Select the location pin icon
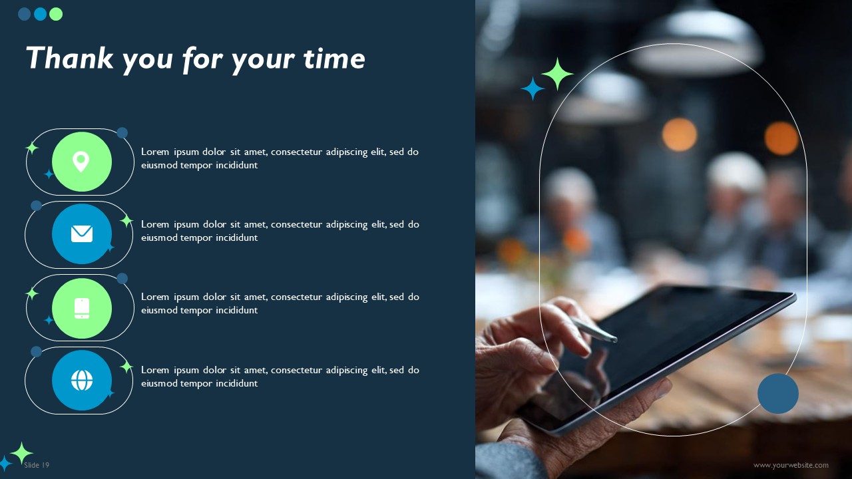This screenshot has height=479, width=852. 81,162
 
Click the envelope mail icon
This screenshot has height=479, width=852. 81,234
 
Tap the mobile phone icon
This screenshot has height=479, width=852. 81,308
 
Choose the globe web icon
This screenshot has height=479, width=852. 81,381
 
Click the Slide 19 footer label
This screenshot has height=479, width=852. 37,465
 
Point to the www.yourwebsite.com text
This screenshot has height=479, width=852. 791,465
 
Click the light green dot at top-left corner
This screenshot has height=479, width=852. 56,14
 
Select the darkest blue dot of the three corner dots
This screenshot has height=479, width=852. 25,14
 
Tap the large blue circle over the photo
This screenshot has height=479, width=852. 777,393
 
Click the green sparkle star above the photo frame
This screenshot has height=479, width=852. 557,73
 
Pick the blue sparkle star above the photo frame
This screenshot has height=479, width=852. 532,88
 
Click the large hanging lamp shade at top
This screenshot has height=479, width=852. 696,50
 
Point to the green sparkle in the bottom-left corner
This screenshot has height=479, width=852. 21,452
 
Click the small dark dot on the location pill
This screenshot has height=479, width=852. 122,133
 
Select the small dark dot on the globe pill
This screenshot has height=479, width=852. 36,351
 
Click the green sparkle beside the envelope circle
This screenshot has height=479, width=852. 126,220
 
